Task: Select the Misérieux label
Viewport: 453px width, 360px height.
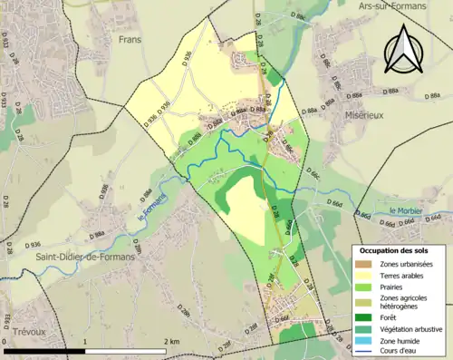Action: pos(341,117)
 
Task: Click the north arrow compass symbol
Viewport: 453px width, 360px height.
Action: pos(401,49)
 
